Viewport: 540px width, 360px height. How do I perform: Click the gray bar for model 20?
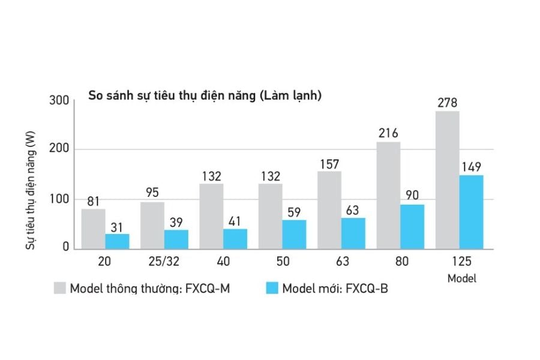[x=93, y=229]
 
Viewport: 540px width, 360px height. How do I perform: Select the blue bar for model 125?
[x=471, y=212]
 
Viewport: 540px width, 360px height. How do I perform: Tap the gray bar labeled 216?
[x=388, y=195]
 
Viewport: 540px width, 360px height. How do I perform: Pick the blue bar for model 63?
[x=353, y=233]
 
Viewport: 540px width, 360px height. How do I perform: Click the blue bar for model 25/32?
[x=176, y=239]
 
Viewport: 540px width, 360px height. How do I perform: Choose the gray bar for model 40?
[x=211, y=216]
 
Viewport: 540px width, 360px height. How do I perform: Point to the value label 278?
[x=447, y=103]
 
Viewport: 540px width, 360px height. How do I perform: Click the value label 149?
[x=471, y=167]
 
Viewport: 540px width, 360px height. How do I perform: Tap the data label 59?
[x=294, y=212]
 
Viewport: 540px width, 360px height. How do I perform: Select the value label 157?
[x=329, y=163]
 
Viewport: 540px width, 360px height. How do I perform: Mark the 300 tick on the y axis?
[x=59, y=100]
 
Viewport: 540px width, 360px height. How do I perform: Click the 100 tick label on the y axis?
[x=59, y=199]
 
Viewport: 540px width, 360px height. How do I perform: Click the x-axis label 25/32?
[x=164, y=262]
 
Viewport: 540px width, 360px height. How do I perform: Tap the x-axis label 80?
[x=400, y=262]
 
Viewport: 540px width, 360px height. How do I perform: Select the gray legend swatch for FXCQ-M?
[x=59, y=287]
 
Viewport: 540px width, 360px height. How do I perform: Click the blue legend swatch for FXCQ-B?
[x=272, y=287]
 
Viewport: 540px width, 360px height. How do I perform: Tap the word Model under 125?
[x=462, y=278]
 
